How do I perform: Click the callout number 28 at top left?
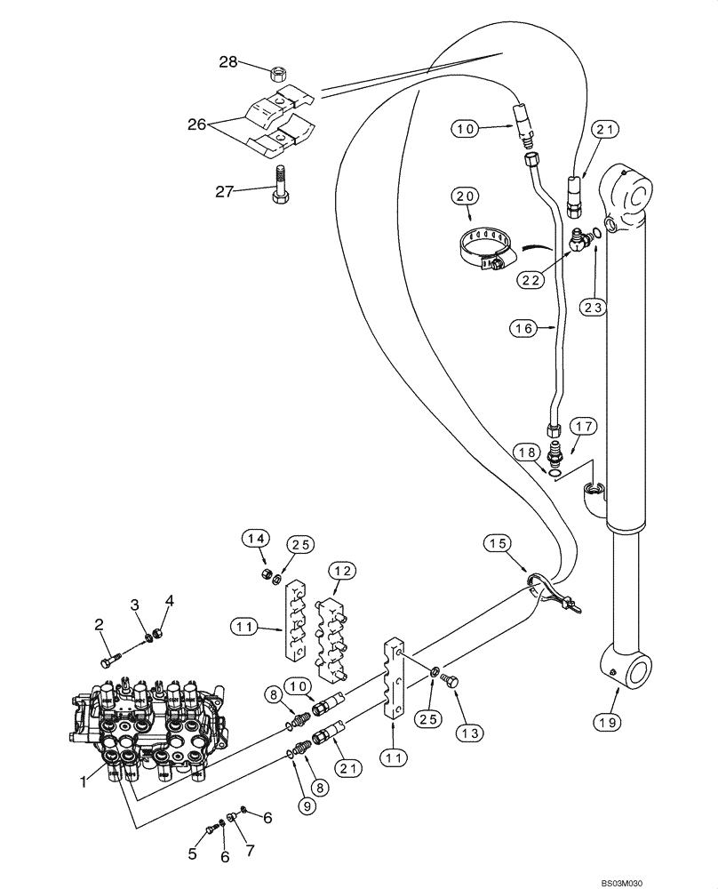pyautogui.click(x=229, y=61)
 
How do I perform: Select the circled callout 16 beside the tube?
pyautogui.click(x=523, y=328)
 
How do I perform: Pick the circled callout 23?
pyautogui.click(x=594, y=307)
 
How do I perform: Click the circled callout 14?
pyautogui.click(x=257, y=539)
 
